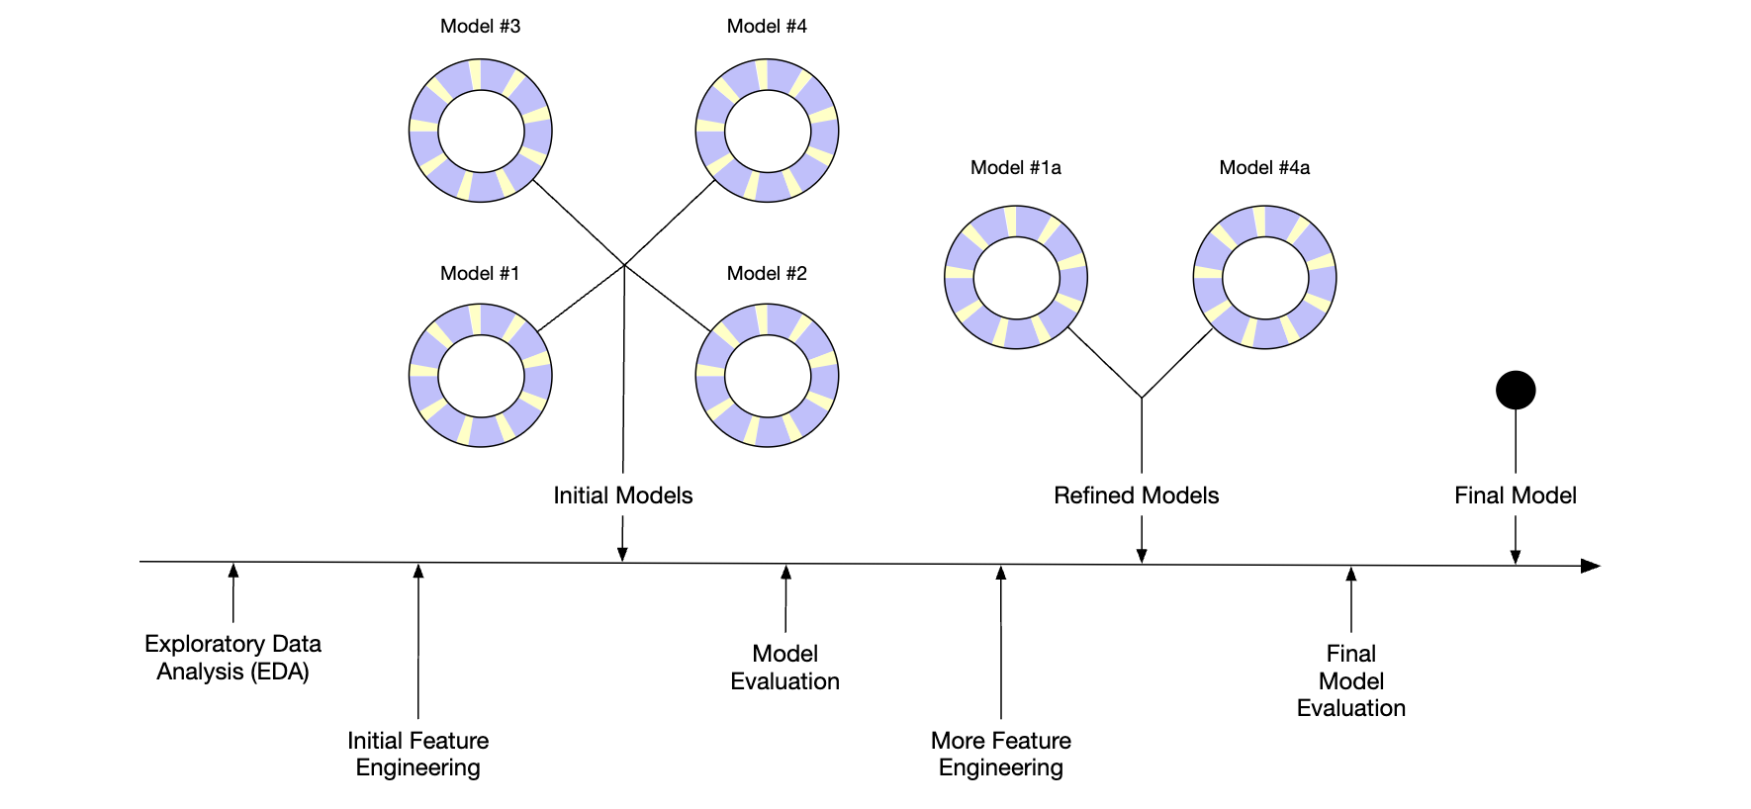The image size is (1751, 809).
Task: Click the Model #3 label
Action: [480, 27]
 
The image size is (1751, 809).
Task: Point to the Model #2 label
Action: [767, 274]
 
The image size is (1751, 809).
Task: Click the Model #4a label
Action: [1264, 168]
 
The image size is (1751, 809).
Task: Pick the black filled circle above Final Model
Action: [1516, 390]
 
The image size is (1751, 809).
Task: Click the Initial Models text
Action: [623, 495]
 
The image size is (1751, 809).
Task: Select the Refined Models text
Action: [1136, 495]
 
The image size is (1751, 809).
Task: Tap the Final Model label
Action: [1516, 495]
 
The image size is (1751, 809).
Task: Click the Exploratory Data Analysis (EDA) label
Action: [233, 658]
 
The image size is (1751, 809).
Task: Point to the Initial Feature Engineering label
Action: [418, 754]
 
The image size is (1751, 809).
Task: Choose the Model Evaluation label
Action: [785, 668]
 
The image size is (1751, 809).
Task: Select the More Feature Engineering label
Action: [1001, 754]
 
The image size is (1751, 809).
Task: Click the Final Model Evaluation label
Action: [1351, 680]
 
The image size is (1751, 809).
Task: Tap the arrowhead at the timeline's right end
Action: [1591, 566]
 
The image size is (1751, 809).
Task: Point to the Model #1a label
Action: [1016, 168]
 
